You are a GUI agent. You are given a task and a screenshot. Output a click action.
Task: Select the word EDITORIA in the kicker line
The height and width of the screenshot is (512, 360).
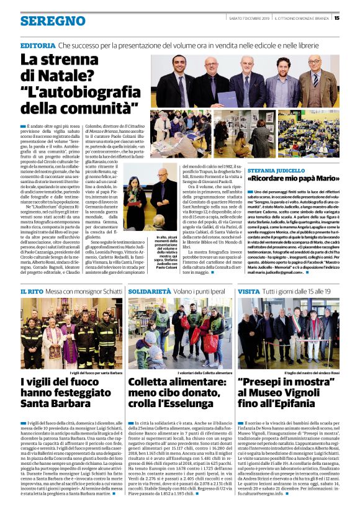pos(38,47)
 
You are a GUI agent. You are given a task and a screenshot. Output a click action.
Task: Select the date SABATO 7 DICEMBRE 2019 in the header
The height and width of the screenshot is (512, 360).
pos(244,17)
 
